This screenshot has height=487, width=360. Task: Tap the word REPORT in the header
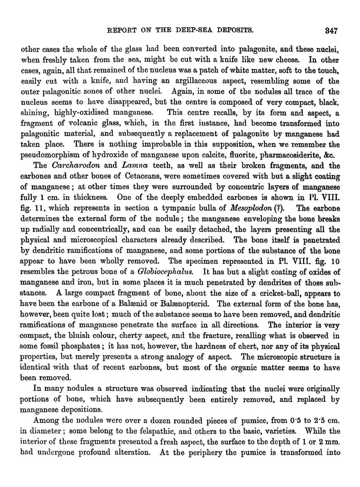(122, 30)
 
